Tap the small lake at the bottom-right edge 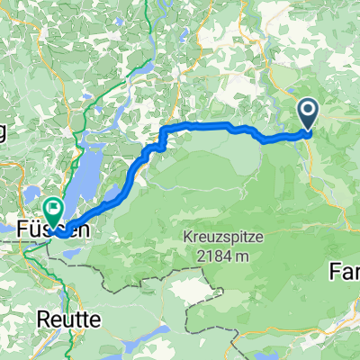coord(347,346)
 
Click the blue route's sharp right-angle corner coord(163,130)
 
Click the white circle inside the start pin coord(308,112)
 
